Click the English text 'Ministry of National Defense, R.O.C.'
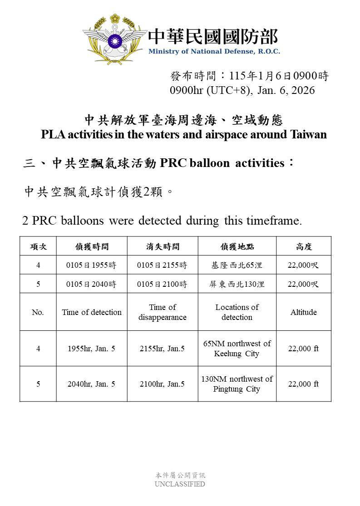[214, 51]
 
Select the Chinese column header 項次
[38, 246]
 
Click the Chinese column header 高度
[303, 246]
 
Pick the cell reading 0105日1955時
[91, 265]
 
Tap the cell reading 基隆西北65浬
[237, 265]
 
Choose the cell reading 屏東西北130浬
[237, 284]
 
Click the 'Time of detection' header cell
[92, 312]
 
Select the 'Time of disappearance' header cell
[163, 312]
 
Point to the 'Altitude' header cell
[303, 312]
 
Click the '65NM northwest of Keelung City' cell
[237, 349]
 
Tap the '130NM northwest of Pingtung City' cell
[237, 384]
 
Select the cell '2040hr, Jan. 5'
[91, 384]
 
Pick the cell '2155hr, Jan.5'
[163, 349]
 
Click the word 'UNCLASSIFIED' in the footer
[180, 484]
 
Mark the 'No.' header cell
[38, 312]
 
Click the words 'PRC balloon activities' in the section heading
[222, 163]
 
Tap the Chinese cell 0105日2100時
[163, 284]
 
